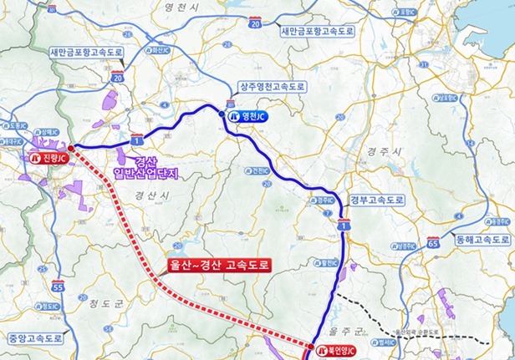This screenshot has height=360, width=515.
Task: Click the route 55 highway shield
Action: click(x=58, y=287)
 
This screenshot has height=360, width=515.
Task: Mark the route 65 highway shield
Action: click(x=432, y=242)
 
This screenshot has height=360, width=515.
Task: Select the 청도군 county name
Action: click(x=107, y=303)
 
